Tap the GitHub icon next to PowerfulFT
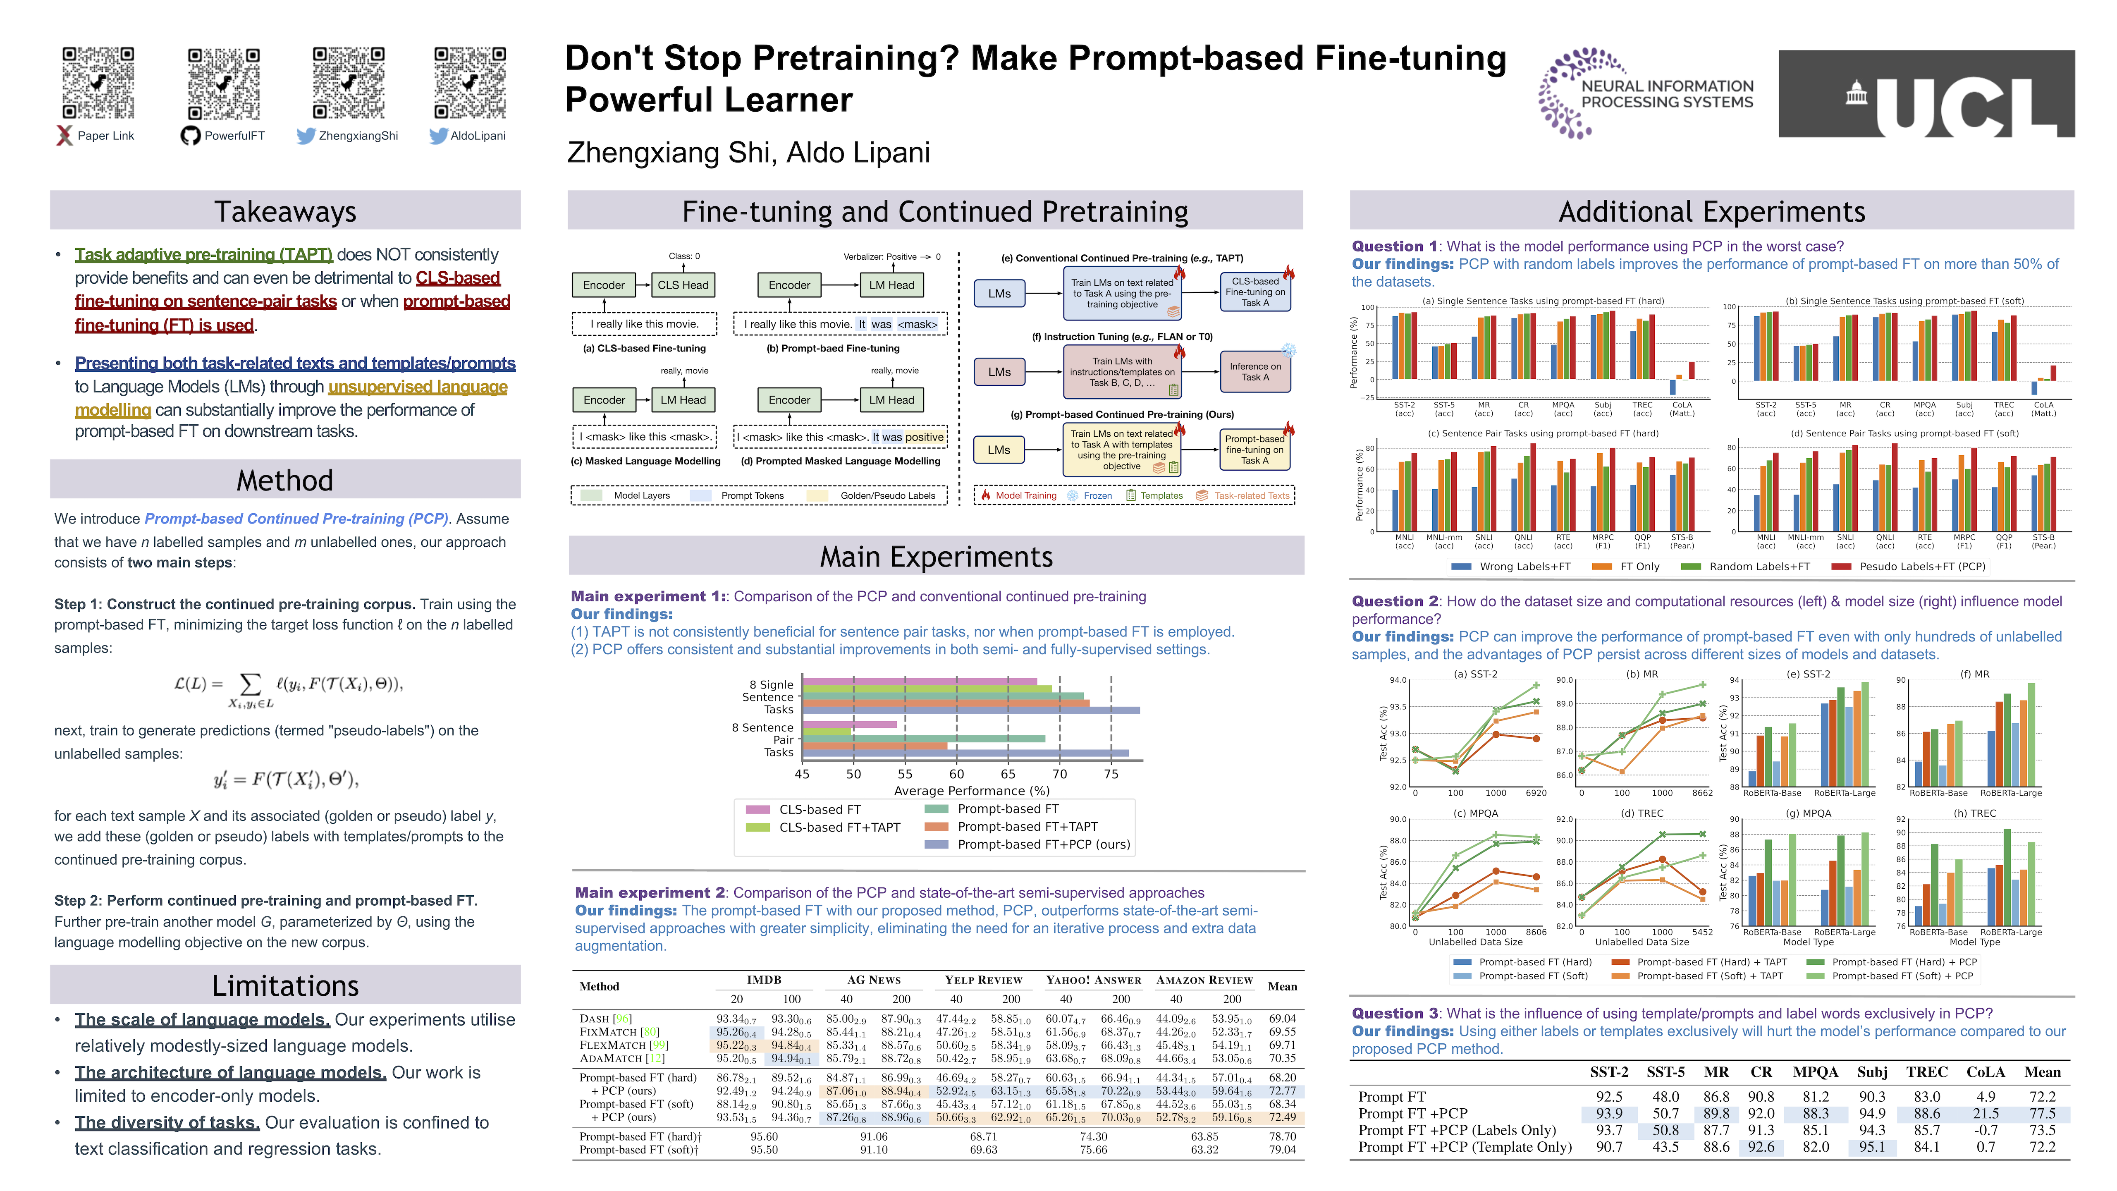191,136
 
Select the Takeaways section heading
285,211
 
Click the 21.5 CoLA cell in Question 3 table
1986,1114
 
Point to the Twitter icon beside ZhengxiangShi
306,136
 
